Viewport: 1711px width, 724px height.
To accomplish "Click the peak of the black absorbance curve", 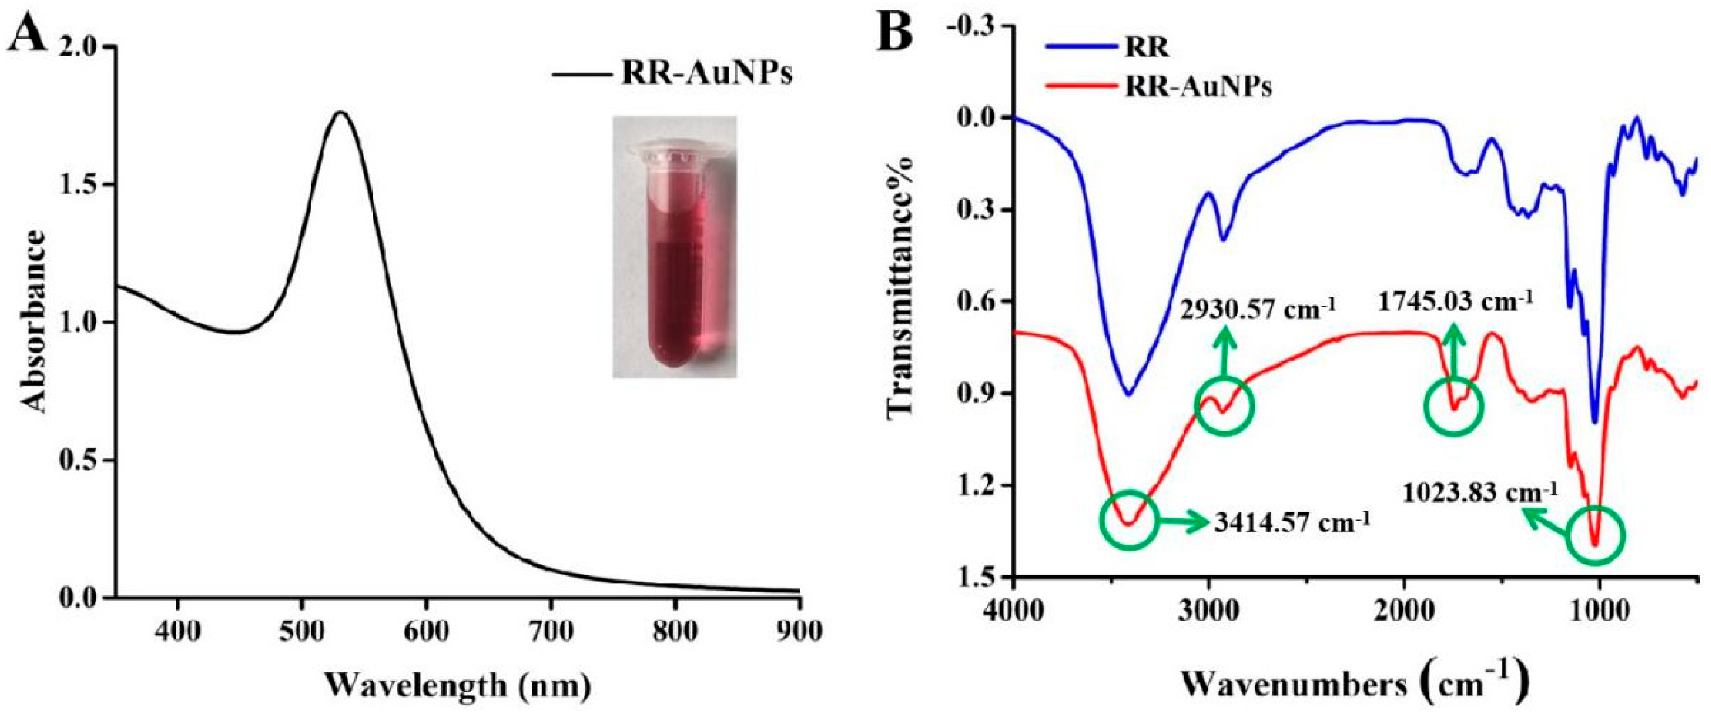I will click(x=341, y=112).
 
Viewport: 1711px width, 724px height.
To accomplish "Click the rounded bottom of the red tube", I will click(x=673, y=359).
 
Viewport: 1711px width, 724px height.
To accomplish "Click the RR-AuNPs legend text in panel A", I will click(x=706, y=74).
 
